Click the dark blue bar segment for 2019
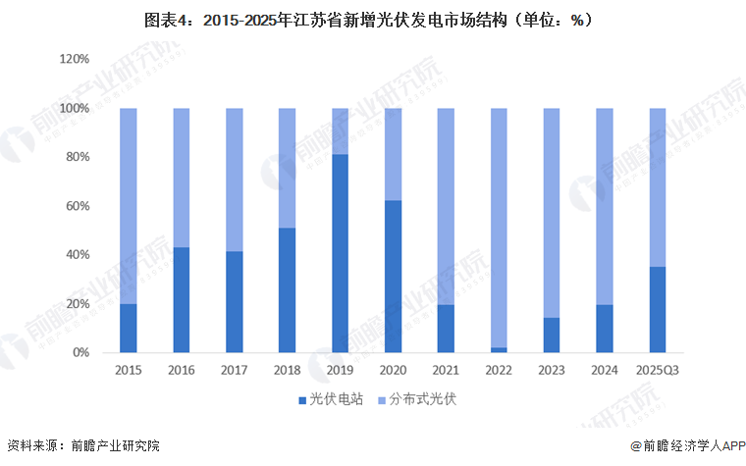[340, 253]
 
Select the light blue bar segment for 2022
[499, 227]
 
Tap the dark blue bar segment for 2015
[128, 328]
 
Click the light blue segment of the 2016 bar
[181, 178]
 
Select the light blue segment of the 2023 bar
[552, 212]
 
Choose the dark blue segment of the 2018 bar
[287, 290]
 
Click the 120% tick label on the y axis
[75, 60]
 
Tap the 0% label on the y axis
[82, 352]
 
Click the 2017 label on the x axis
[234, 371]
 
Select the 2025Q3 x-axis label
[658, 371]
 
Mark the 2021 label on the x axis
[446, 371]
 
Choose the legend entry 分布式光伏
[416, 399]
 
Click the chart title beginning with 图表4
[372, 20]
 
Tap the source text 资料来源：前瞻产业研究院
[82, 447]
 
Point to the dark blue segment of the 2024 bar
[605, 328]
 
